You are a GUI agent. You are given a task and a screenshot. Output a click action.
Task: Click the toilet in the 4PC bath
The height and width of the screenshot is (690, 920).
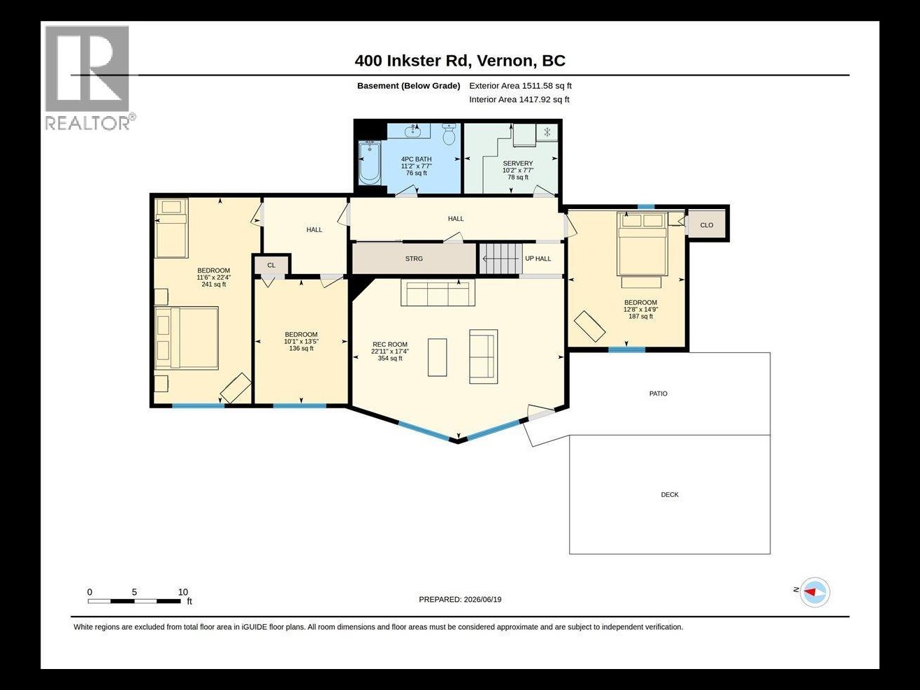click(449, 134)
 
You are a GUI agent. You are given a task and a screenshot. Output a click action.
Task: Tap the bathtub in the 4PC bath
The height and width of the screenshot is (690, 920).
click(369, 163)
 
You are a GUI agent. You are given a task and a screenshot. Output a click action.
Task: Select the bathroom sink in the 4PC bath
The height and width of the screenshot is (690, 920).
click(413, 131)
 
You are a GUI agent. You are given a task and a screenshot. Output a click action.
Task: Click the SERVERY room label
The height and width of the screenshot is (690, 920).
click(517, 164)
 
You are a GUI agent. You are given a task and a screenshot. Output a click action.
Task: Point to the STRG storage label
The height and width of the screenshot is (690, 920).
click(414, 259)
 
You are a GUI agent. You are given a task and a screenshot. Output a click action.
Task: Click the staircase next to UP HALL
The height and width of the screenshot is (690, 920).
click(501, 259)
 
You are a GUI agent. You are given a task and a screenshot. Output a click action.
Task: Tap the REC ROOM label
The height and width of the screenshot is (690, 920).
click(390, 345)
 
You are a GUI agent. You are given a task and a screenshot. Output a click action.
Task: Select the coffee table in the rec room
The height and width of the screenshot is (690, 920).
click(437, 357)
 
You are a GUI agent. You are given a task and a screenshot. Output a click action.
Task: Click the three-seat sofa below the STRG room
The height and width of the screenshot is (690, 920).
click(438, 293)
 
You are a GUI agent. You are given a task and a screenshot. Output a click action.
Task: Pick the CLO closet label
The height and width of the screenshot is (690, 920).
click(707, 225)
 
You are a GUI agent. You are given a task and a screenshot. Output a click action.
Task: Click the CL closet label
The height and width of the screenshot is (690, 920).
click(271, 265)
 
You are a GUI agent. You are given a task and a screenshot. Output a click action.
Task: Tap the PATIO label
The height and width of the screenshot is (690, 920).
click(658, 394)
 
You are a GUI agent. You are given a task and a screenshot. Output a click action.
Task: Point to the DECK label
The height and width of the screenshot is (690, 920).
click(669, 494)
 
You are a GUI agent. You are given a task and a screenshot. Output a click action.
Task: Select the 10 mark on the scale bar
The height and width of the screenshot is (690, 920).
click(182, 592)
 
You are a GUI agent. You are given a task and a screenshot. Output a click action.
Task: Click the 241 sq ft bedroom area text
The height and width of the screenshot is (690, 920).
click(214, 285)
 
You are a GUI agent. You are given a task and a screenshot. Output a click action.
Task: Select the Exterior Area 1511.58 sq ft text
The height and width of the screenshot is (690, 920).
click(520, 86)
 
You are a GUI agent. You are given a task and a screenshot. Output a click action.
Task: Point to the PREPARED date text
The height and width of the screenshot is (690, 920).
click(460, 600)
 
